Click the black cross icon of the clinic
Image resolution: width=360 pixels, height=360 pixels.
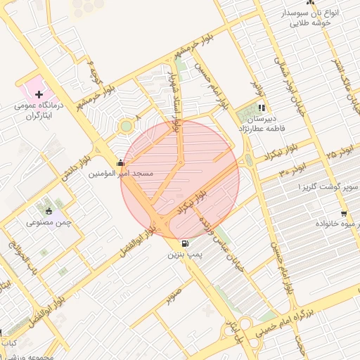click(39, 94)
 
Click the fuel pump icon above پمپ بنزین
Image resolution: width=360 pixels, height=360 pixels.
click(184, 244)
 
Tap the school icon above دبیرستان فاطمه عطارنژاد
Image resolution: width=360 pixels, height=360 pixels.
click(261, 108)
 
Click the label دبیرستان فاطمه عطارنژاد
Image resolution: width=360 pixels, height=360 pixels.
click(261, 123)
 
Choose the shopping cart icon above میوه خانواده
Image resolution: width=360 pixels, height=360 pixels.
click(343, 214)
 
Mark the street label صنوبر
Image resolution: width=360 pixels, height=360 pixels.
click(174, 295)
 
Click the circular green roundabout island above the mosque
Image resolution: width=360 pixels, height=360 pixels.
click(126, 126)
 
